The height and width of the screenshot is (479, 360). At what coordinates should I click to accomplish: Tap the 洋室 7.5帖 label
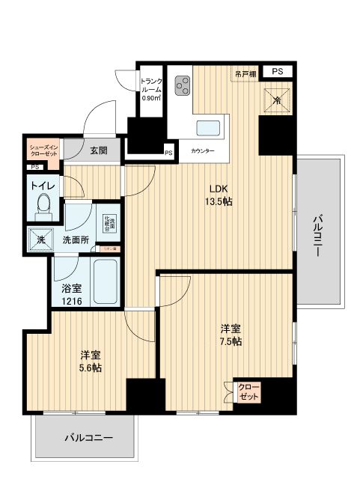[x=230, y=335]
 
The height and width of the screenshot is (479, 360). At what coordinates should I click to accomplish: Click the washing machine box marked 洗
[x=37, y=239]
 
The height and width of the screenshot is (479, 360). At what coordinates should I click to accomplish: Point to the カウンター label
[x=202, y=151]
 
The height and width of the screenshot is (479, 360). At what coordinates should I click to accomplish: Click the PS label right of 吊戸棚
[x=277, y=71]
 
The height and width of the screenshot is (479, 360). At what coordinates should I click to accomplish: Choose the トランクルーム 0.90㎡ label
[x=151, y=88]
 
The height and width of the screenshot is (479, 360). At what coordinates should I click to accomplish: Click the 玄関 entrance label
[x=98, y=150]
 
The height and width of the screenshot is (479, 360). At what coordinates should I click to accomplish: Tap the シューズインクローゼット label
[x=43, y=150]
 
